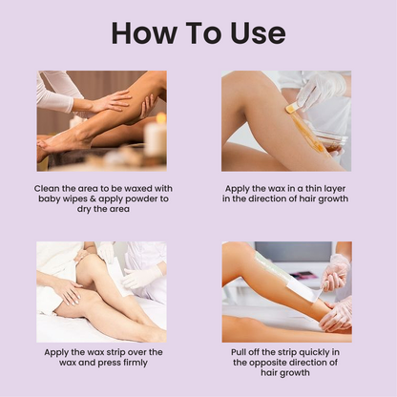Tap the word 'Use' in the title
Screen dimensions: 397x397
pos(253,32)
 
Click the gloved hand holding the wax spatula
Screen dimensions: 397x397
pos(320,90)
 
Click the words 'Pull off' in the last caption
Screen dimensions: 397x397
pos(247,352)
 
